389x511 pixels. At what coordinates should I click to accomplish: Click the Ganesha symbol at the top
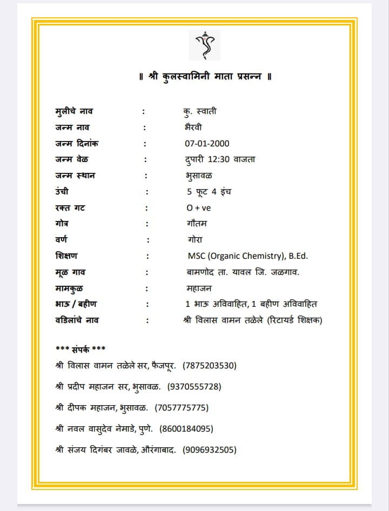pyautogui.click(x=204, y=45)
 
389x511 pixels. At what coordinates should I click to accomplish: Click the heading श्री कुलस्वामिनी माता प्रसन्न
pyautogui.click(x=205, y=77)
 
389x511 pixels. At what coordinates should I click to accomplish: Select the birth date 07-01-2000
pyautogui.click(x=207, y=144)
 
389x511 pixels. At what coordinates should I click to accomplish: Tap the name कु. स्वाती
pyautogui.click(x=200, y=112)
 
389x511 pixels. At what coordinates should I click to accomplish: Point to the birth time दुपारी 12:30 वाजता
pyautogui.click(x=220, y=159)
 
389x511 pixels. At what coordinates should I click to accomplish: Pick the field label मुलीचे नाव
pyautogui.click(x=74, y=112)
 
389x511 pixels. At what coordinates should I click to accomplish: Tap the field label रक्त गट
pyautogui.click(x=70, y=208)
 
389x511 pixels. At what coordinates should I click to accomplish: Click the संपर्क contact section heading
pyautogui.click(x=81, y=348)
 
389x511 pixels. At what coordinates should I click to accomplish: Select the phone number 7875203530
pyautogui.click(x=210, y=366)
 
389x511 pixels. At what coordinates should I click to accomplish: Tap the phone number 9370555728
pyautogui.click(x=194, y=387)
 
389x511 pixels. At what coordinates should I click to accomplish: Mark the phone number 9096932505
pyautogui.click(x=210, y=449)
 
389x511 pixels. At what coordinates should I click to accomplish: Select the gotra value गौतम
pyautogui.click(x=197, y=224)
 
